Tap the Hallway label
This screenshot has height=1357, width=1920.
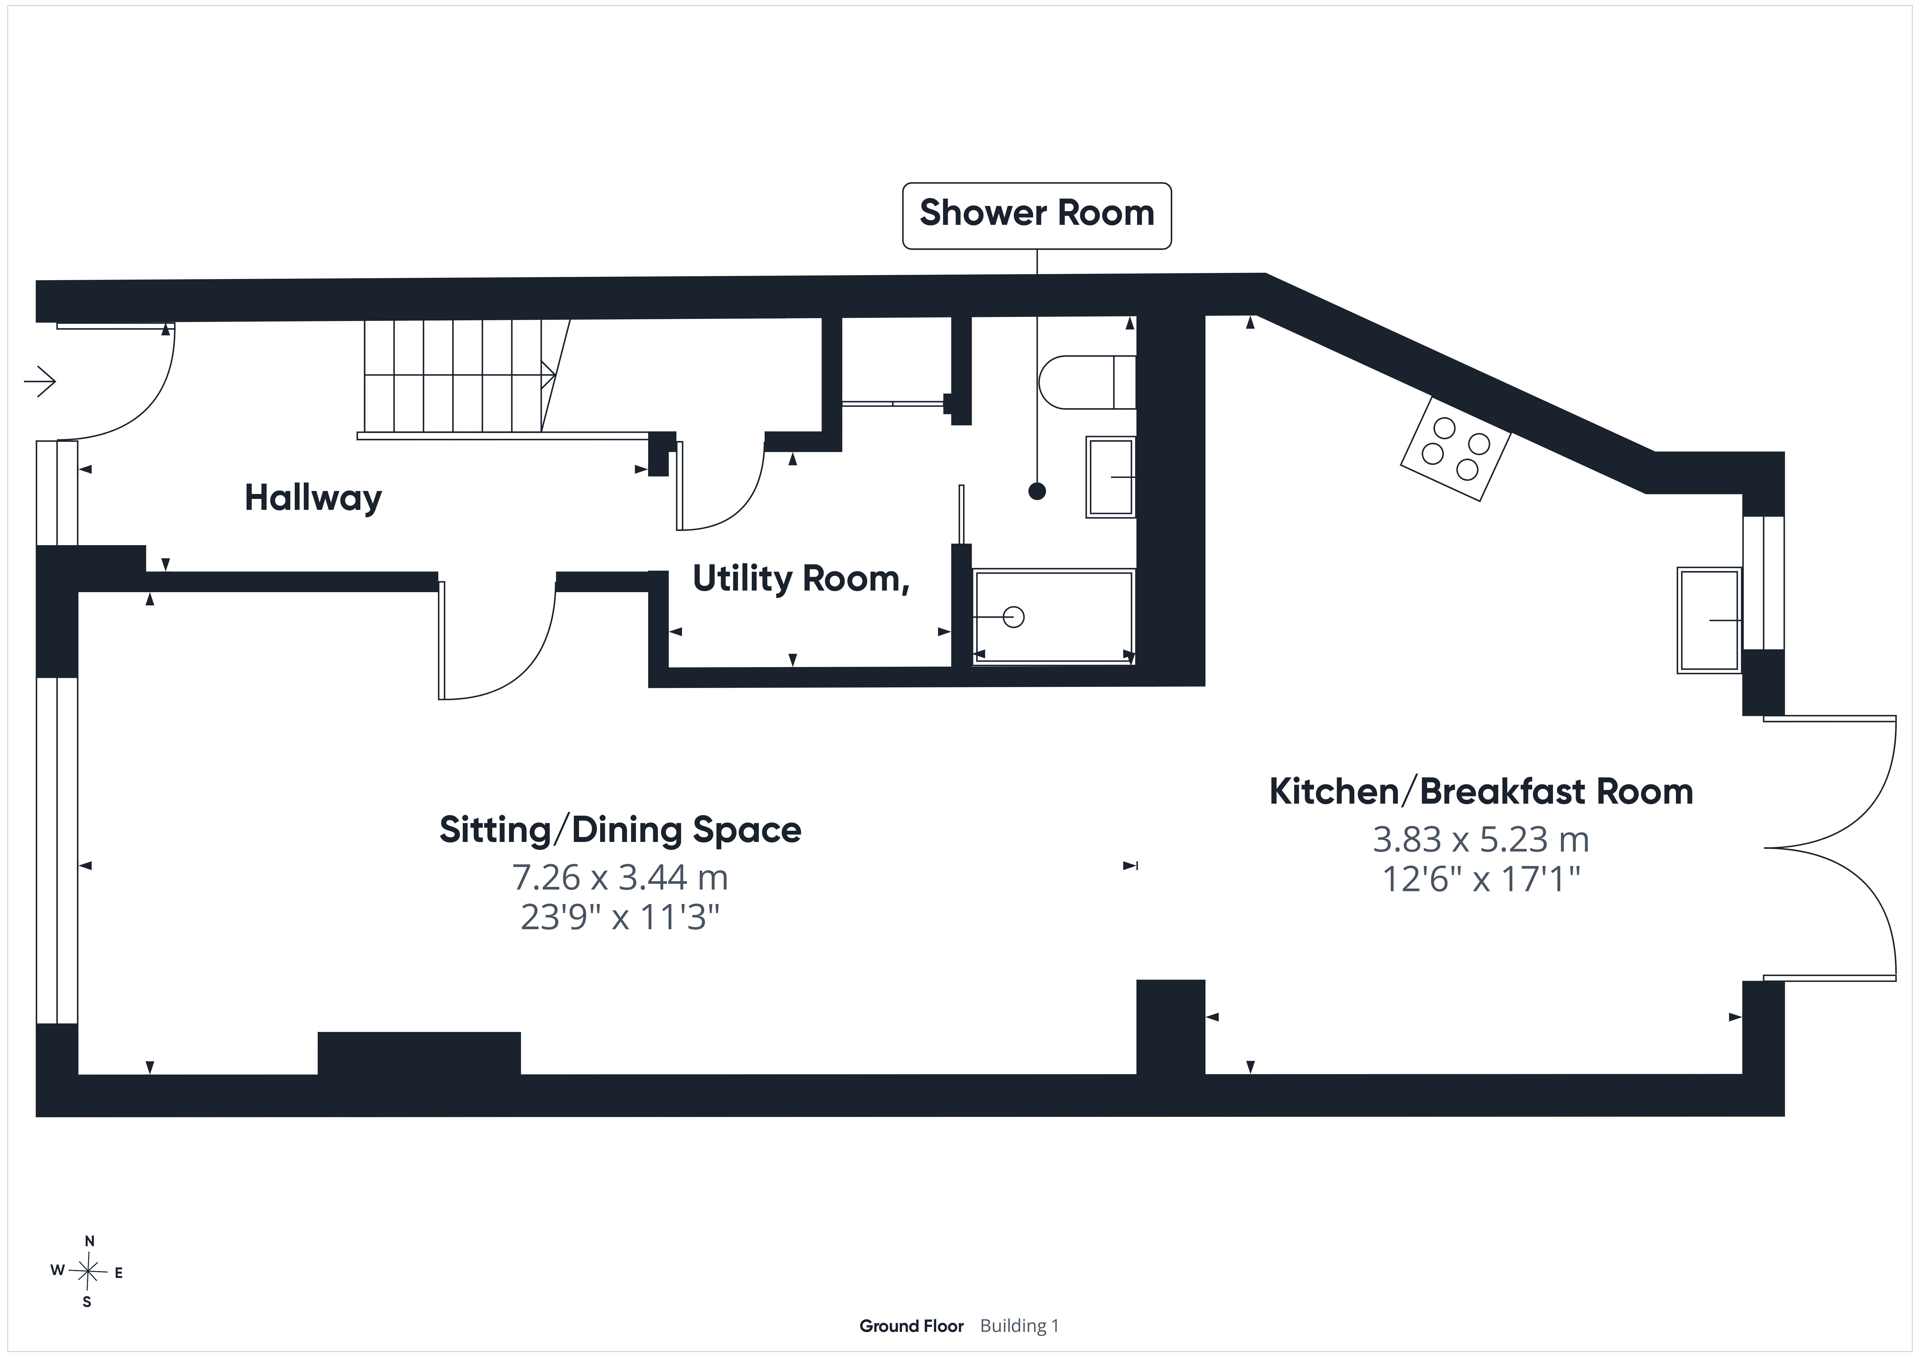click(313, 498)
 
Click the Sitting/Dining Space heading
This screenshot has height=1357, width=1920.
click(620, 830)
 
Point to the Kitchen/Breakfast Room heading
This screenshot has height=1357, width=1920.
click(1481, 792)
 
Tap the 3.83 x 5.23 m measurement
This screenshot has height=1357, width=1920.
click(1481, 839)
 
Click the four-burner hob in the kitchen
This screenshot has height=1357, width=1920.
click(1456, 448)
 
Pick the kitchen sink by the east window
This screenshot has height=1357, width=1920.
click(1709, 620)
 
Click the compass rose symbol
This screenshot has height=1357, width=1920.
click(88, 1272)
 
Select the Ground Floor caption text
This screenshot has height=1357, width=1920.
click(912, 1326)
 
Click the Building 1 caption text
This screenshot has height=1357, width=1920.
click(1019, 1326)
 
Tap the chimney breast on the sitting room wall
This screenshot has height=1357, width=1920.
click(419, 1053)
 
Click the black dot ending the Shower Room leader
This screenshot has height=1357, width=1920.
click(1037, 492)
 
